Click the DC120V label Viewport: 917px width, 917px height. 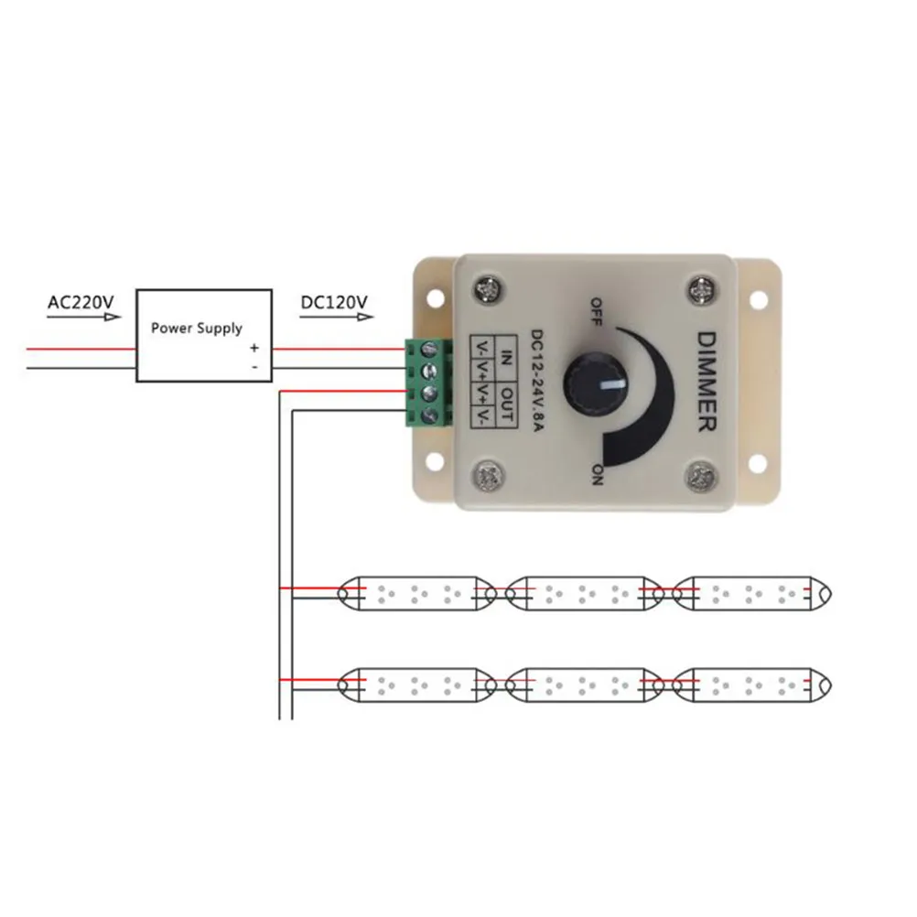pos(333,301)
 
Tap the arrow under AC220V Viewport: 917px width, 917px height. pos(83,318)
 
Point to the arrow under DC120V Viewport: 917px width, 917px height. pos(337,318)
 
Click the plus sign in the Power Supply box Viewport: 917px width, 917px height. pos(254,348)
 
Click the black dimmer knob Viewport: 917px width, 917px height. pos(593,377)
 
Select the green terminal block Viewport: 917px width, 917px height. pos(428,383)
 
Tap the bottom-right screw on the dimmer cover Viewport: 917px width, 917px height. pos(702,476)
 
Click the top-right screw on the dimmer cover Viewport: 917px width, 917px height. pos(702,288)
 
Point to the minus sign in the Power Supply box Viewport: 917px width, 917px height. pos(254,366)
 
